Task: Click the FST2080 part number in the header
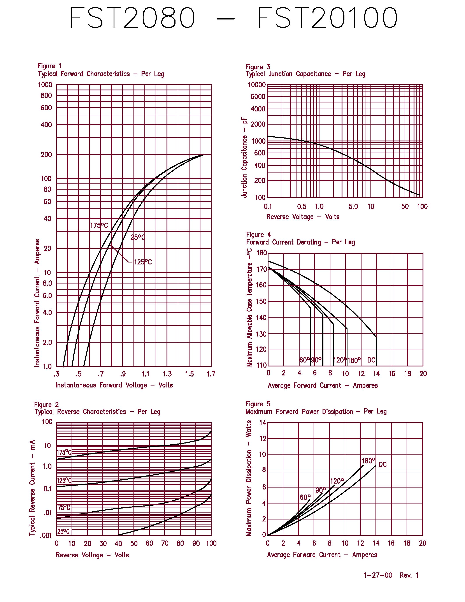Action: pyautogui.click(x=133, y=18)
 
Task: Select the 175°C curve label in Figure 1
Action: pyautogui.click(x=99, y=225)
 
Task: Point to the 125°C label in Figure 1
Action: pyautogui.click(x=143, y=262)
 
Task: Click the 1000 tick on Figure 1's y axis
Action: pyautogui.click(x=45, y=85)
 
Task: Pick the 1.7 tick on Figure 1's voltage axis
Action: pyautogui.click(x=211, y=374)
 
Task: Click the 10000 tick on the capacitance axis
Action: pyautogui.click(x=256, y=85)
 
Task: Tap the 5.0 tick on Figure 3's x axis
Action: pyautogui.click(x=353, y=206)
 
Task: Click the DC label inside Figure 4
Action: pyautogui.click(x=371, y=360)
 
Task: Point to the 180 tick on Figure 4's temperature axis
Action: pyautogui.click(x=262, y=253)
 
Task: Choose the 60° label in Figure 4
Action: pyautogui.click(x=304, y=360)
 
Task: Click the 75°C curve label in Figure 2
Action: pyautogui.click(x=64, y=507)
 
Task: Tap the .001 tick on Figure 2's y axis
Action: pyautogui.click(x=46, y=536)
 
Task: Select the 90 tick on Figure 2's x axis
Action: pyautogui.click(x=196, y=543)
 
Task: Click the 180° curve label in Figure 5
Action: pyautogui.click(x=368, y=461)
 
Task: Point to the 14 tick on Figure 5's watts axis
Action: pyautogui.click(x=263, y=422)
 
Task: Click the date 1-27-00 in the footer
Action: pyautogui.click(x=378, y=575)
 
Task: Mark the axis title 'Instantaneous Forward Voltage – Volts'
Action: pyautogui.click(x=114, y=385)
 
